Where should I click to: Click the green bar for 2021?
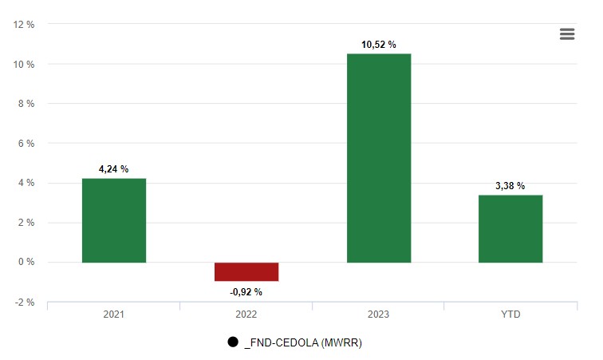[114, 220]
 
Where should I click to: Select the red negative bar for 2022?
[246, 271]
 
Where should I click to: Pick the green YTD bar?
[510, 228]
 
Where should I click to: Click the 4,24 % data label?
[113, 169]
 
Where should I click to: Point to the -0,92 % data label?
[246, 292]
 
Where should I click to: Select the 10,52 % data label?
[378, 45]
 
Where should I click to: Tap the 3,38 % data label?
[510, 186]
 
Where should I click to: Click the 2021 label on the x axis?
[114, 315]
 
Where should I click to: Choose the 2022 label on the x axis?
[246, 315]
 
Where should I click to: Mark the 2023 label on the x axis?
[378, 315]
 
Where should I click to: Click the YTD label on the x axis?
[510, 315]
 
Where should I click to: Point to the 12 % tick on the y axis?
[24, 25]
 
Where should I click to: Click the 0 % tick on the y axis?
[27, 263]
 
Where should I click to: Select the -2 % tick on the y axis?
[26, 303]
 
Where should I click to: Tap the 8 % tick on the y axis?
[27, 104]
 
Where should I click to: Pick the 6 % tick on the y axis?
[27, 144]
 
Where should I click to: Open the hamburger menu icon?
[567, 34]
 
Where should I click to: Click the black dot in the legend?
[233, 342]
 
